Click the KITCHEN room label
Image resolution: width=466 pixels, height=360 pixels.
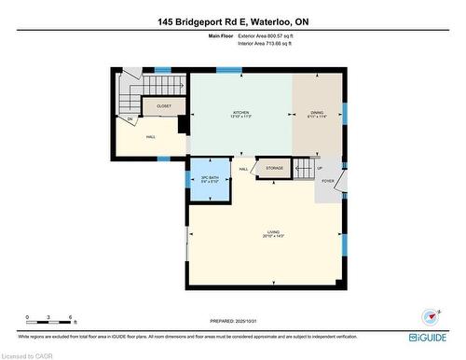[x=241, y=112]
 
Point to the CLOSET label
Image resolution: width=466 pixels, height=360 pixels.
[x=164, y=106]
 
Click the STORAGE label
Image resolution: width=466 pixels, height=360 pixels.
[x=274, y=168]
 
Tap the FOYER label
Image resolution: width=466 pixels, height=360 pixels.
[x=328, y=180]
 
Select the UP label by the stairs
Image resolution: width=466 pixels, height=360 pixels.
[x=320, y=168]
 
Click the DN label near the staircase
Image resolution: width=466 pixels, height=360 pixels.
[x=130, y=119]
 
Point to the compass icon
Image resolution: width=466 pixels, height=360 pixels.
[x=430, y=315]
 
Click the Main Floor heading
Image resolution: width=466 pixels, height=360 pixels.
[x=222, y=35]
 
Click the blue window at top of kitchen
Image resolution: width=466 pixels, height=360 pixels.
[x=228, y=68]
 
